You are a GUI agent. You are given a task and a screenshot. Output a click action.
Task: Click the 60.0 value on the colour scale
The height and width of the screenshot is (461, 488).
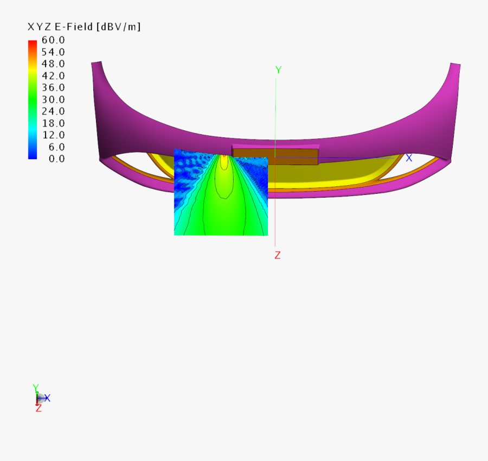(53, 40)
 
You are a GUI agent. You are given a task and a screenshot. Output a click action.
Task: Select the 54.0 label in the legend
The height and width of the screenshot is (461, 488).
(53, 52)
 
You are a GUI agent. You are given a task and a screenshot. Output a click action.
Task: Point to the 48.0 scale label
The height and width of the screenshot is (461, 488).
(53, 64)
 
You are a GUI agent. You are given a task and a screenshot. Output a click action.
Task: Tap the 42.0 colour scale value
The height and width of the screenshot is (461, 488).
(53, 76)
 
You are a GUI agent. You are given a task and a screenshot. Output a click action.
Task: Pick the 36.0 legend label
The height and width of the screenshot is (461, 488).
(53, 87)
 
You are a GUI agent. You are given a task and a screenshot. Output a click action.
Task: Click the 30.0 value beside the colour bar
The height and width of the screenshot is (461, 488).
(53, 99)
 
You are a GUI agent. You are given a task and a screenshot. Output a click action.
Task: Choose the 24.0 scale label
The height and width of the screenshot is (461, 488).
(53, 111)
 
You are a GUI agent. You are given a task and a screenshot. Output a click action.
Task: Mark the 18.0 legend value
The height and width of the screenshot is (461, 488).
(53, 123)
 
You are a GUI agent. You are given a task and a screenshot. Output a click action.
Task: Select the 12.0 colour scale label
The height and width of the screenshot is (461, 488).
(53, 135)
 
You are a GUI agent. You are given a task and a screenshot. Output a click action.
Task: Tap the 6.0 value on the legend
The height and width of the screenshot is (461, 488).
(55, 147)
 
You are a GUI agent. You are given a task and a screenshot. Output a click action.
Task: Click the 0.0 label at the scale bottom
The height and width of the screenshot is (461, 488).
(55, 159)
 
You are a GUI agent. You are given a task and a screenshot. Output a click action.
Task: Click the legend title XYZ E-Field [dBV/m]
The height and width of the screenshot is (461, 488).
(84, 27)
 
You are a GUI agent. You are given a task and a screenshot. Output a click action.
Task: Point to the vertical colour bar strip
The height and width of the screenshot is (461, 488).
(33, 99)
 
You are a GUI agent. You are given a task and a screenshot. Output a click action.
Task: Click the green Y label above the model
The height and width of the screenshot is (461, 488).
(278, 70)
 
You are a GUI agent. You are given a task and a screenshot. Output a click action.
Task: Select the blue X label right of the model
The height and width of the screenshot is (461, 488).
(409, 158)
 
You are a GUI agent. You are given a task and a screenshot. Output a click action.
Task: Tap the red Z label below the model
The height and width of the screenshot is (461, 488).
(277, 255)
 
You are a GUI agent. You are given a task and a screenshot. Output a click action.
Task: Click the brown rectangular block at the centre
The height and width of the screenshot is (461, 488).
(275, 155)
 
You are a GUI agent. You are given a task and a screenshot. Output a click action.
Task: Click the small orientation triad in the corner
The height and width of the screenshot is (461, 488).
(40, 398)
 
